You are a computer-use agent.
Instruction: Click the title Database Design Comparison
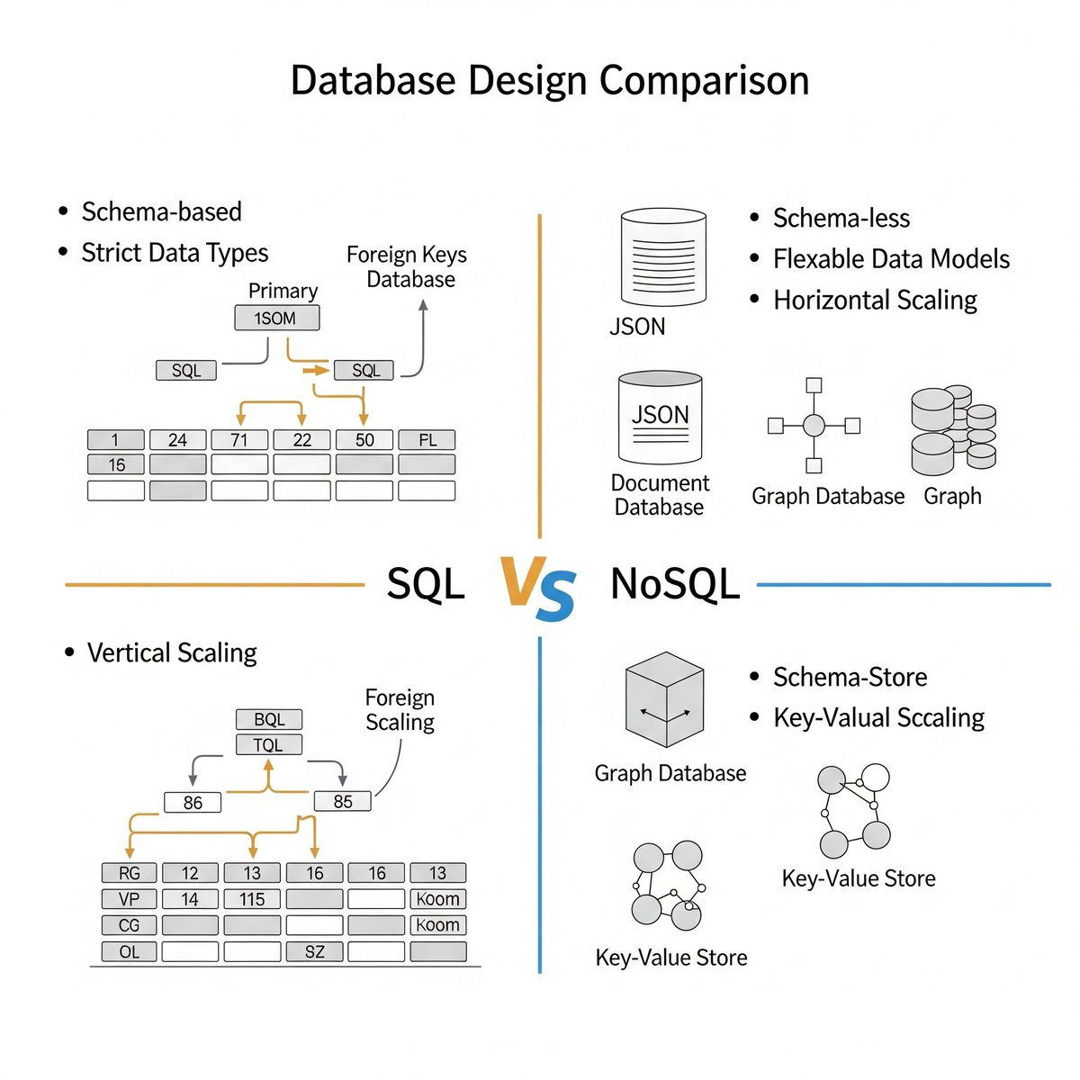[x=550, y=80]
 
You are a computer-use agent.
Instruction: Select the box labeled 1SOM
[x=276, y=319]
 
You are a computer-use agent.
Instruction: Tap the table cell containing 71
[x=239, y=440]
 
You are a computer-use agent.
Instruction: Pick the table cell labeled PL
[x=427, y=440]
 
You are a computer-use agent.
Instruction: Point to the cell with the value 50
[x=364, y=440]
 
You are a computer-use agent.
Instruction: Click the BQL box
[x=268, y=719]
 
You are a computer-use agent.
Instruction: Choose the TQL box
[x=268, y=745]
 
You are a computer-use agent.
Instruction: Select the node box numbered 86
[x=193, y=802]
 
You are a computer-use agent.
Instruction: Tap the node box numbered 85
[x=342, y=801]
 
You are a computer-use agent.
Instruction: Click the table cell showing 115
[x=252, y=899]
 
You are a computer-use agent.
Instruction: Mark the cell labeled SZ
[x=314, y=951]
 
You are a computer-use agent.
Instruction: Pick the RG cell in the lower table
[x=130, y=873]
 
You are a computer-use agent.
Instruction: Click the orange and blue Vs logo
[x=537, y=589]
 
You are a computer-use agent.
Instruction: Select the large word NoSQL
[x=675, y=584]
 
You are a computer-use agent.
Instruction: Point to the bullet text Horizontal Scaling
[x=875, y=300]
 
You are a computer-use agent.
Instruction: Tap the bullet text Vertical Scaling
[x=172, y=652]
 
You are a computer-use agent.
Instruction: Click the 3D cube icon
[x=664, y=700]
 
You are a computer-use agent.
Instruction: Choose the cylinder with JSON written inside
[x=661, y=418]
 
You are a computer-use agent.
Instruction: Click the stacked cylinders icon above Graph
[x=953, y=430]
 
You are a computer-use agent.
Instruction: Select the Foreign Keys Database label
[x=407, y=266]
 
